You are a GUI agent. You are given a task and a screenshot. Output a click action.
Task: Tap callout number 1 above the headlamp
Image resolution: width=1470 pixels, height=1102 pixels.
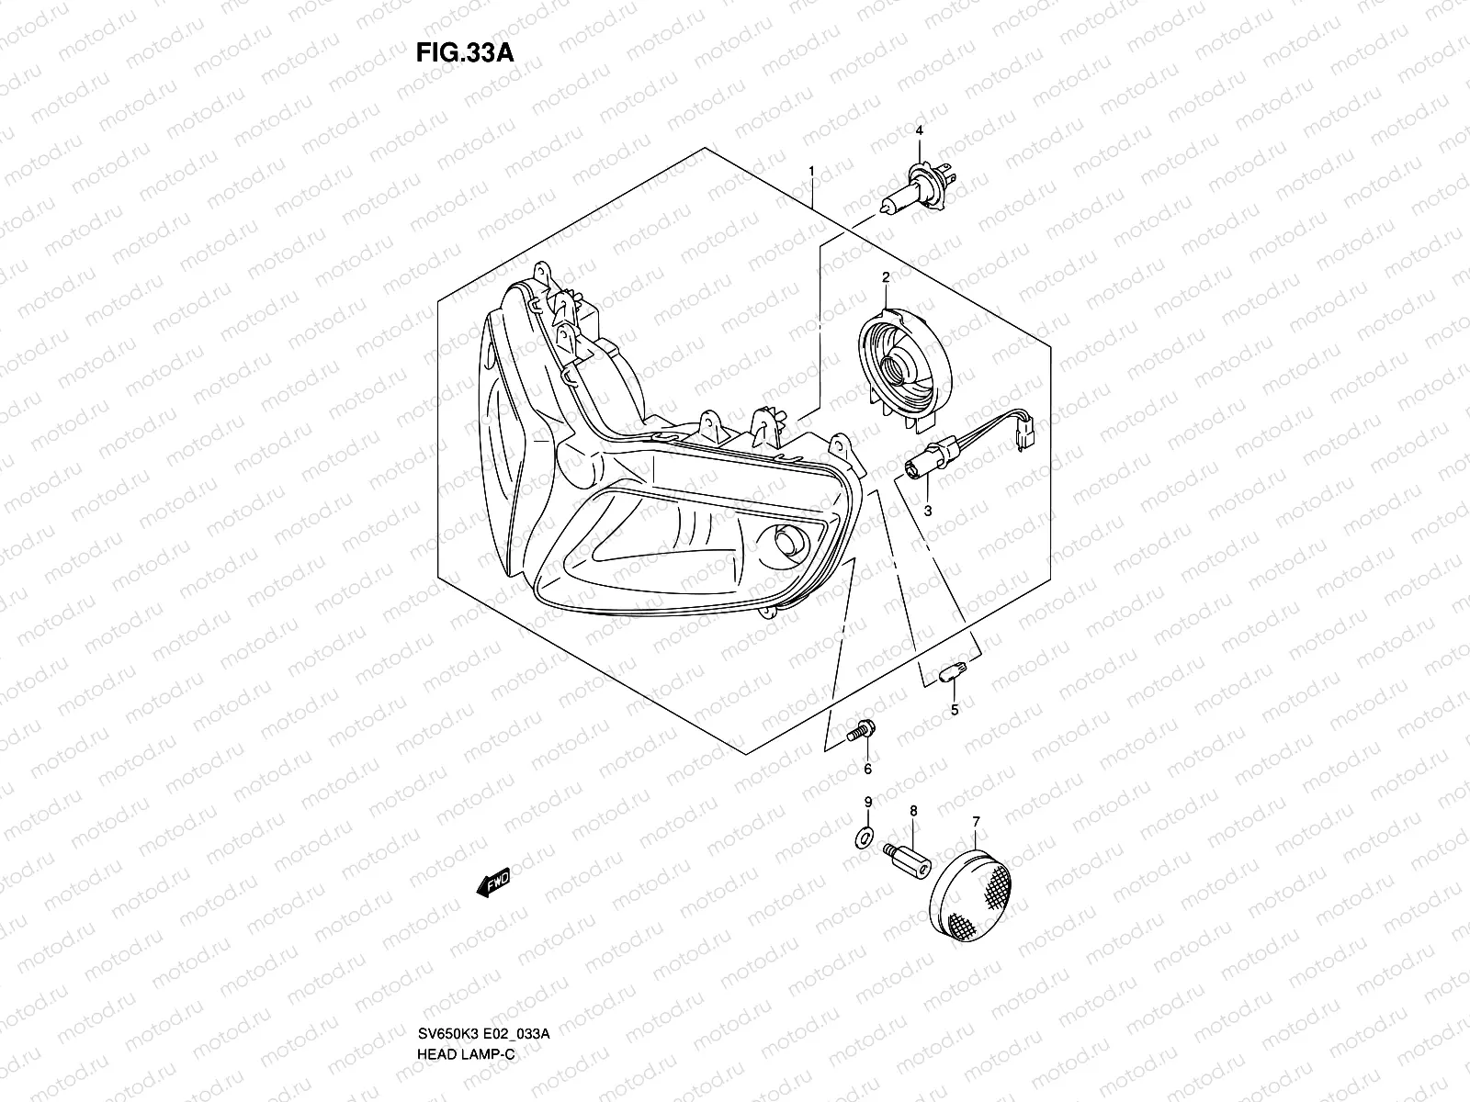(x=811, y=171)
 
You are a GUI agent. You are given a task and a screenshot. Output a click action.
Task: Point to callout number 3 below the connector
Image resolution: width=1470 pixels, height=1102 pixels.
(x=928, y=511)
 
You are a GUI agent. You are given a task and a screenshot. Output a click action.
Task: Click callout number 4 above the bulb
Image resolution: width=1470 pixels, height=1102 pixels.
(x=918, y=132)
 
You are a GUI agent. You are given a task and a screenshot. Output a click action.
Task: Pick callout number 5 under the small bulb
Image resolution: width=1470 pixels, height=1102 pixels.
(x=954, y=709)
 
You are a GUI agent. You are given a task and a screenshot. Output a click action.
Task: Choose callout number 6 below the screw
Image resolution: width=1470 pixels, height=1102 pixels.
(x=867, y=769)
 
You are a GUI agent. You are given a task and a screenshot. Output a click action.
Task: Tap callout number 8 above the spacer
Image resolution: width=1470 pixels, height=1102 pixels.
(x=913, y=811)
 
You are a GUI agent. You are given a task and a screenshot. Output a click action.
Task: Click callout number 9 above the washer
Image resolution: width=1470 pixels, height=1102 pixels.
(x=867, y=803)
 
